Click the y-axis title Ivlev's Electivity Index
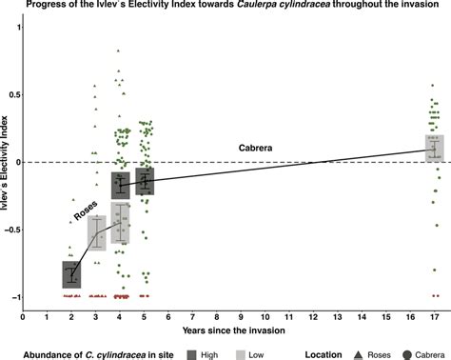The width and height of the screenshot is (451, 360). coord(7,163)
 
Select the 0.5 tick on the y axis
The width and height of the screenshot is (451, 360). coord(14,94)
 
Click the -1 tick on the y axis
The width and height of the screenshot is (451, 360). coord(15,297)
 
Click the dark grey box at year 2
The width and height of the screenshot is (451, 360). coord(71,274)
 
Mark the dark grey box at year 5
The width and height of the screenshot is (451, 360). coord(145,180)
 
